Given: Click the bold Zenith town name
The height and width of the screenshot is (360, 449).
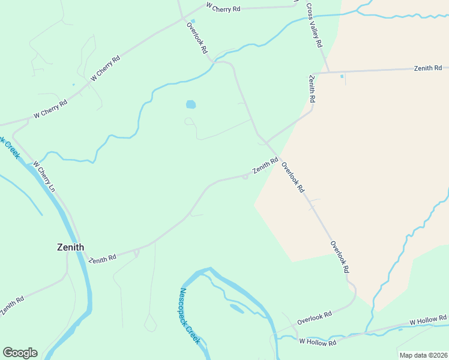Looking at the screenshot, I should [x=70, y=247].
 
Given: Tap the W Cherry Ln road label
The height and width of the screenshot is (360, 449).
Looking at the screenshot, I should [x=44, y=176].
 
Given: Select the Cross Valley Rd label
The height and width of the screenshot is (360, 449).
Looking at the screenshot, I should [x=314, y=26].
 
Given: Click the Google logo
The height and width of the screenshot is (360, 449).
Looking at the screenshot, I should [x=20, y=353].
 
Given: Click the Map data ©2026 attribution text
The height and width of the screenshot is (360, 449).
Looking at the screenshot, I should [x=423, y=355].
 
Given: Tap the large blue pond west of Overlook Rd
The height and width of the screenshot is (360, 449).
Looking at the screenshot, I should [x=191, y=104].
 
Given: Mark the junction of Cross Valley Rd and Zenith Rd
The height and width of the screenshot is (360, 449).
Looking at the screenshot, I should [x=328, y=73].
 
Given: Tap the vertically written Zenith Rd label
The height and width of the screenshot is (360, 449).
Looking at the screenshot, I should [x=312, y=88].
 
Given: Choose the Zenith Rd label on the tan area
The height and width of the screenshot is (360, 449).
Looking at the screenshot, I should [x=427, y=68].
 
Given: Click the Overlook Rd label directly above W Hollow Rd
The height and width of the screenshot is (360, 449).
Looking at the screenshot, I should [x=314, y=318].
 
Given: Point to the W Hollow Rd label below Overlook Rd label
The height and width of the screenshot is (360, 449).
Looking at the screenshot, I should [x=318, y=343].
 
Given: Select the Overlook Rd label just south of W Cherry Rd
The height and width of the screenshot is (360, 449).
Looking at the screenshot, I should [x=197, y=37].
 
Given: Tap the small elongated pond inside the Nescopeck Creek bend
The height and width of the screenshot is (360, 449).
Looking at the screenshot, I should [x=237, y=308].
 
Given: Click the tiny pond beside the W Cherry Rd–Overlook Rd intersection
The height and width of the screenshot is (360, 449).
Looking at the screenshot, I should [x=193, y=21].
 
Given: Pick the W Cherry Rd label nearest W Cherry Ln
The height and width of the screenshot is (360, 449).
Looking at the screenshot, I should [x=50, y=109].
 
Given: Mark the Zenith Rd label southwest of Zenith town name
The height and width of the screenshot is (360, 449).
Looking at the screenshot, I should [x=11, y=306].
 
